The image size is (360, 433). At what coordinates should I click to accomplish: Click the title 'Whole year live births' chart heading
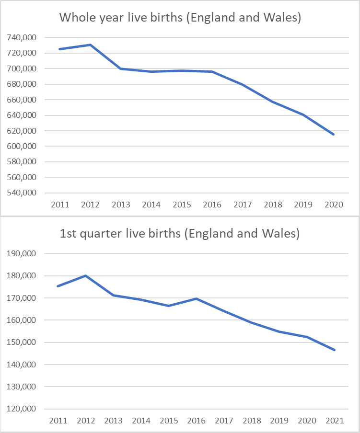pos(180,18)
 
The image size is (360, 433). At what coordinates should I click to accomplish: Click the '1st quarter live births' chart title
pos(180,234)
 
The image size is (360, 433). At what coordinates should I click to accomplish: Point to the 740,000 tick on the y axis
pos(23,37)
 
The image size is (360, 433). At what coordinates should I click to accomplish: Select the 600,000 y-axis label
pos(23,146)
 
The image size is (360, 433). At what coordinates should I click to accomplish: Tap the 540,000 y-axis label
pos(23,193)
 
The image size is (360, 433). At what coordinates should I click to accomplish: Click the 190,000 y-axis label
pos(23,253)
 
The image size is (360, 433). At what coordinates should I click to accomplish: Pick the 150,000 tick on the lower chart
pos(23,342)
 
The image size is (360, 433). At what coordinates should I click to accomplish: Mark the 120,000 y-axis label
pos(23,409)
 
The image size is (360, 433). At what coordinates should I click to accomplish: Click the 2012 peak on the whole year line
pos(90,45)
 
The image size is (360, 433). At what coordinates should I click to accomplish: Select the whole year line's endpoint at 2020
pos(334,135)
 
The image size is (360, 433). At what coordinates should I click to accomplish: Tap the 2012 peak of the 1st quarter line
pos(85,275)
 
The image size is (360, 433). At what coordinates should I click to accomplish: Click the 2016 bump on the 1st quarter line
pos(196,298)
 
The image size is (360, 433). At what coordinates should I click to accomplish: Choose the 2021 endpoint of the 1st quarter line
pos(335,350)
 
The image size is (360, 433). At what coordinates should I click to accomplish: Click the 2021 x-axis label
pos(335,421)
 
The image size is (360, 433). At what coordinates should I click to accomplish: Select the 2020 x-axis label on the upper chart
pos(334,205)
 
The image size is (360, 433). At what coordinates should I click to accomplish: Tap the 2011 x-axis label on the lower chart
pos(58,421)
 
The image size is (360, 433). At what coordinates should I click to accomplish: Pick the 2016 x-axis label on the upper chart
pos(212,205)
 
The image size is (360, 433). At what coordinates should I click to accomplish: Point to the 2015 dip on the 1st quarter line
pos(168,306)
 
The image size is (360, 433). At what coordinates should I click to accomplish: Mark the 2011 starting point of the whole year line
pos(59,49)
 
